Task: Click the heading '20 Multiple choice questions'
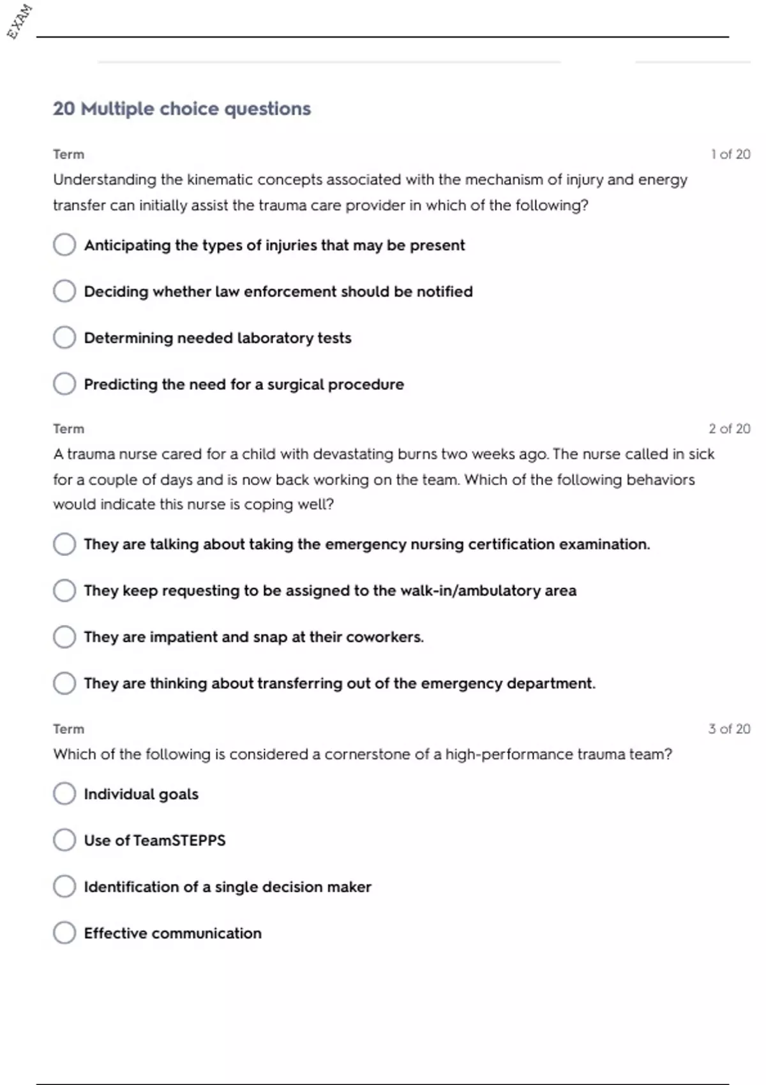(x=181, y=109)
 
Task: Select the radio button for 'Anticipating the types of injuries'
(x=64, y=244)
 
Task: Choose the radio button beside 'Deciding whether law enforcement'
(x=64, y=291)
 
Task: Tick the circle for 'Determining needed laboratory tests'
(x=64, y=338)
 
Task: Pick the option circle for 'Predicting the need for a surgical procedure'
(x=64, y=384)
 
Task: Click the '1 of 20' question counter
(x=730, y=154)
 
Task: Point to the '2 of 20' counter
(x=729, y=429)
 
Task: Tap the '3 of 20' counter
(x=729, y=729)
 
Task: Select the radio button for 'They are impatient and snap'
(x=64, y=636)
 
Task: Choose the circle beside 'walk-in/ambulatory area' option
(x=64, y=590)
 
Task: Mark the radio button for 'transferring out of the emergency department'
(x=64, y=683)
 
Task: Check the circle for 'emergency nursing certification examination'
(x=64, y=544)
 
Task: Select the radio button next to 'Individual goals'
(x=64, y=794)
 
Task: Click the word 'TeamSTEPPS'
(x=179, y=841)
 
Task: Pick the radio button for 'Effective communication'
(x=64, y=932)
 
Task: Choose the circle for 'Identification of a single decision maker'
(x=64, y=887)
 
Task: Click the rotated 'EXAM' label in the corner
(x=20, y=22)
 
